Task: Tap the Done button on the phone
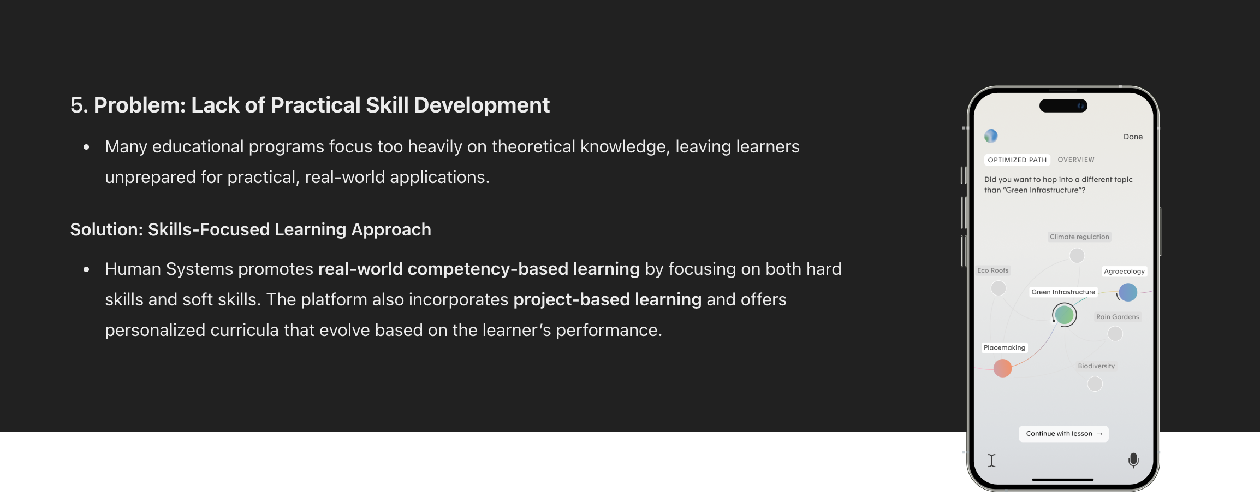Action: click(x=1133, y=137)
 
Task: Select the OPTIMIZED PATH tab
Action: click(x=1017, y=160)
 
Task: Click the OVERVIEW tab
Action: click(x=1076, y=160)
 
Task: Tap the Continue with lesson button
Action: click(x=1063, y=434)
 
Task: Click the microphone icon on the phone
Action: click(x=1133, y=461)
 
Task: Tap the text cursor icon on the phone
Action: click(x=992, y=461)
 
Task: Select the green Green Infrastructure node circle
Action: click(x=1064, y=315)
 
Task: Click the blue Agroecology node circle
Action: click(x=1128, y=292)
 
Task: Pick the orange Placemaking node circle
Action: click(x=1002, y=368)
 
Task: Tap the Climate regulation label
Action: click(x=1079, y=237)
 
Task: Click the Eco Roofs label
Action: click(x=993, y=270)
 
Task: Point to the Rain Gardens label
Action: click(x=1118, y=317)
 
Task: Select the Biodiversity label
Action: click(x=1096, y=366)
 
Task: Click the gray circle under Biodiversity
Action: click(x=1095, y=384)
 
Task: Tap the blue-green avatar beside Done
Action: click(x=991, y=136)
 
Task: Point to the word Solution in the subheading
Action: click(x=105, y=229)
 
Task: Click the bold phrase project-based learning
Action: click(x=607, y=299)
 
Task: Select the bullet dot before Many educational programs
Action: click(x=86, y=147)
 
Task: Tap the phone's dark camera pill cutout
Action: click(x=1063, y=106)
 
